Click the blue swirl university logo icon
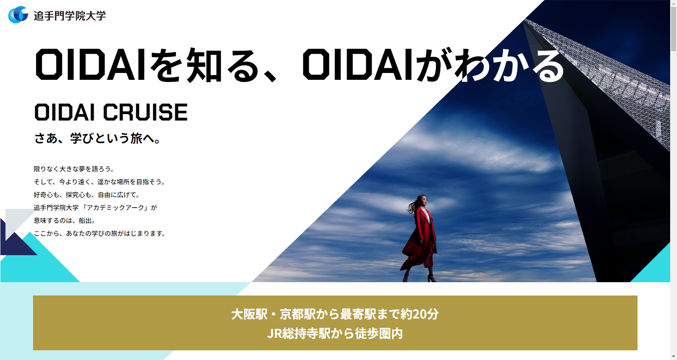[18, 15]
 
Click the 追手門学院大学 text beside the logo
[70, 16]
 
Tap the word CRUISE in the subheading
[145, 112]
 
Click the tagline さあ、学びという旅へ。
[98, 138]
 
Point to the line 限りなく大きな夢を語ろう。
[74, 169]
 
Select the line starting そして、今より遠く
[99, 182]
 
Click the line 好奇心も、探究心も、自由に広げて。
[86, 195]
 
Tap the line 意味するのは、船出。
[64, 221]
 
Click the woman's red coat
[420, 239]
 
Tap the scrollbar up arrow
[673, 3]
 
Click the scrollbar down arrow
[673, 357]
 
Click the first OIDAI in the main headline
[90, 65]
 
